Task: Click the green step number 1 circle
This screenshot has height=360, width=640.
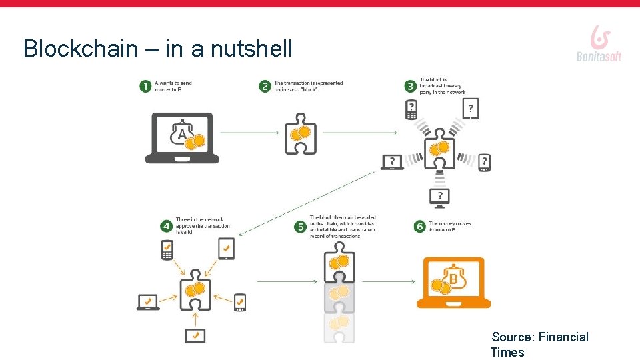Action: pyautogui.click(x=145, y=87)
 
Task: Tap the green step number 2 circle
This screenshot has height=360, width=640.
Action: pyautogui.click(x=265, y=87)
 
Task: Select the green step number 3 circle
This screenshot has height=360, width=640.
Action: pyautogui.click(x=411, y=86)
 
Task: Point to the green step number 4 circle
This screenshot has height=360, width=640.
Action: pyautogui.click(x=166, y=226)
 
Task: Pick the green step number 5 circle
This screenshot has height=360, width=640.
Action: pyautogui.click(x=300, y=227)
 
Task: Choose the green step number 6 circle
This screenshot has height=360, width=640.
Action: pyautogui.click(x=419, y=227)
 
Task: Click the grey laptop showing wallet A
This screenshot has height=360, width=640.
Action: pyautogui.click(x=182, y=138)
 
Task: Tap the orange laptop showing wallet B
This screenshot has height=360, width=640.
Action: pyautogui.click(x=453, y=283)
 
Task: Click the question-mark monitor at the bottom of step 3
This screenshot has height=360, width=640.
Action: pyautogui.click(x=439, y=196)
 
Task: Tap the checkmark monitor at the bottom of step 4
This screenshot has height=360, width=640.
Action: pyautogui.click(x=195, y=336)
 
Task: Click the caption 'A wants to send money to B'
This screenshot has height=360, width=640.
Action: pyautogui.click(x=173, y=87)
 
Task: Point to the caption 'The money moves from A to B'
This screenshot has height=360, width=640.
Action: pyautogui.click(x=449, y=227)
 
